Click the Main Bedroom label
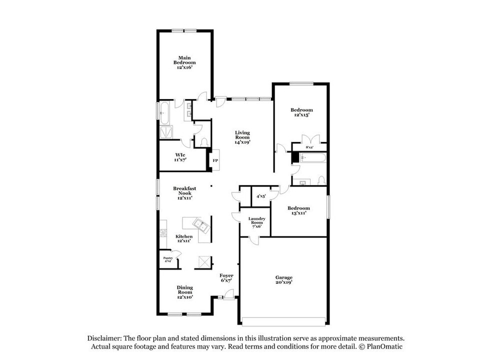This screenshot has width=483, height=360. tap(184, 62)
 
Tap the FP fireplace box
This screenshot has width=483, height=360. tap(215, 160)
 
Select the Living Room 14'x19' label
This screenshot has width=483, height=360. tap(243, 137)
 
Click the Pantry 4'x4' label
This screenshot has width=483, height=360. tap(168, 259)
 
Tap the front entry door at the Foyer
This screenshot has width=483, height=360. tap(229, 298)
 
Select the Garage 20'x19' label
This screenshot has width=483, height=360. tap(284, 280)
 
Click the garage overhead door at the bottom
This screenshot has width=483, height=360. tap(284, 320)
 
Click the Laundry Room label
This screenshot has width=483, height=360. tap(256, 222)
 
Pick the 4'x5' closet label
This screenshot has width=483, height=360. tap(260, 196)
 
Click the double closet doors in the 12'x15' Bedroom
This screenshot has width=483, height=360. tap(310, 139)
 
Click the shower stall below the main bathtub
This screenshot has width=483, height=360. tap(165, 132)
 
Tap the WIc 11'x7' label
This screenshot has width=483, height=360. tap(180, 156)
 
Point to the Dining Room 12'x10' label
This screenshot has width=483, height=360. tap(184, 292)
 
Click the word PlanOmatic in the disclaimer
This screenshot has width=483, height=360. tap(382, 346)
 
